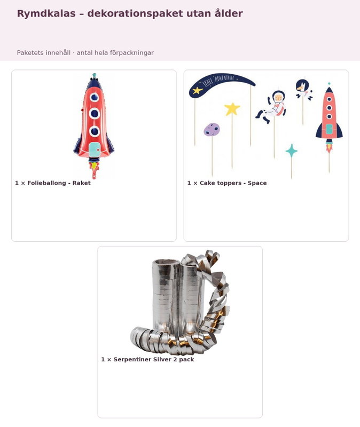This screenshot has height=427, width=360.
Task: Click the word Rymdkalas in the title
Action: click(46, 14)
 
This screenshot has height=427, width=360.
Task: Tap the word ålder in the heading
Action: click(229, 13)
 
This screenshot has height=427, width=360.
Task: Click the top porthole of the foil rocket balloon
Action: click(95, 97)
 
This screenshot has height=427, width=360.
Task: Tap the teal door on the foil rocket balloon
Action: click(95, 149)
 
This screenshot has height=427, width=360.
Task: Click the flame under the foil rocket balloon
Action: click(94, 169)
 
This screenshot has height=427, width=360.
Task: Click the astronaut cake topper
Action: click(271, 107)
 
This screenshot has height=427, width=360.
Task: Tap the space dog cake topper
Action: click(303, 89)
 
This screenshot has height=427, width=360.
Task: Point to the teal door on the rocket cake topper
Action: click(329, 129)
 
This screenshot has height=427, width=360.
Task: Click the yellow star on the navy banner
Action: click(197, 90)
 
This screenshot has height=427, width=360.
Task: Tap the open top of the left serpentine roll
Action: click(166, 263)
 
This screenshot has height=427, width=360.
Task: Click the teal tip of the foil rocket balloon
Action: click(95, 75)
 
